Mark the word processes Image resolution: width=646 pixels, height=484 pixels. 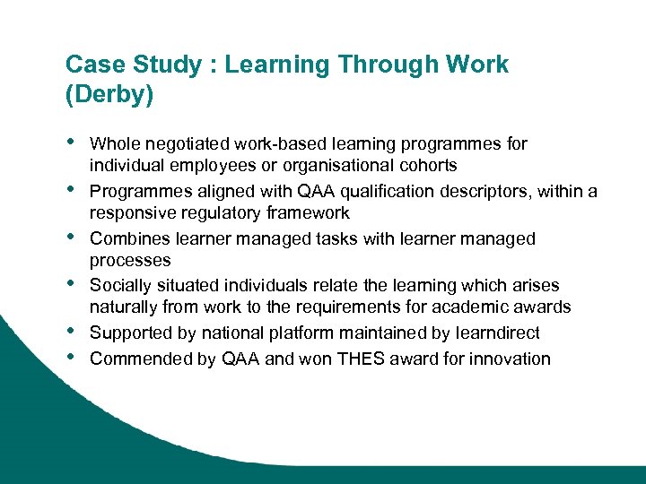click(130, 261)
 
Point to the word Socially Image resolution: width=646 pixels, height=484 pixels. click(122, 286)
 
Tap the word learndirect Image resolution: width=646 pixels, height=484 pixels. click(495, 333)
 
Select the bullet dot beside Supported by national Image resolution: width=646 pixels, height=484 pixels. click(71, 331)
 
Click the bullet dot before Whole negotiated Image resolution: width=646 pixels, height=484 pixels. click(71, 141)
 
